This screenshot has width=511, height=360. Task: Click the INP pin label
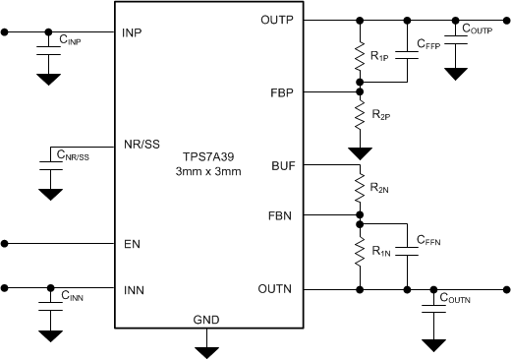[133, 32]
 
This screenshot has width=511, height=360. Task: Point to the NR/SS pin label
[141, 144]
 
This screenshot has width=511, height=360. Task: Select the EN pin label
[131, 242]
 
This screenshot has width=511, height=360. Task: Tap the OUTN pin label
[280, 289]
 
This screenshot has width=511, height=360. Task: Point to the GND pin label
[206, 320]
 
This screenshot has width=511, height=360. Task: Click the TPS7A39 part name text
[207, 157]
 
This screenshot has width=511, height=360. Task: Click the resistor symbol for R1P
[362, 57]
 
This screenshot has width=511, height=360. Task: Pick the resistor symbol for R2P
[362, 119]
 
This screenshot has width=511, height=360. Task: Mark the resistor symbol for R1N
[362, 253]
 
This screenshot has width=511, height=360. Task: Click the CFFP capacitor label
[427, 45]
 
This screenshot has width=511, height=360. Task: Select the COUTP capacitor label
[478, 30]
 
